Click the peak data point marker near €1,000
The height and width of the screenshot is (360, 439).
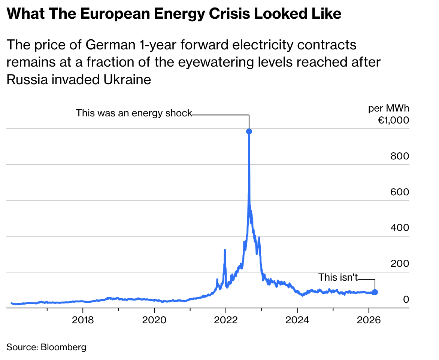(249, 131)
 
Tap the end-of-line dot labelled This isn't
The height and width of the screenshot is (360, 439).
(375, 292)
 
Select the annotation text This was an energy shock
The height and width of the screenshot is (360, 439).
(134, 113)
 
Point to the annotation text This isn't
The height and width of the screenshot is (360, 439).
(338, 277)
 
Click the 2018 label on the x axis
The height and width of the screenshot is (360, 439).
(83, 321)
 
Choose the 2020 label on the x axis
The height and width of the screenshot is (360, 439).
(154, 321)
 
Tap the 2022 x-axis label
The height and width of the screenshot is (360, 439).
(225, 321)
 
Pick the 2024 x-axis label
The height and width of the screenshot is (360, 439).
(297, 321)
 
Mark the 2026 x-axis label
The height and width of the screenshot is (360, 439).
(369, 321)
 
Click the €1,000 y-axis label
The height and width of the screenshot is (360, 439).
(393, 120)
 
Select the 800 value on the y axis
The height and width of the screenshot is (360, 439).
(400, 156)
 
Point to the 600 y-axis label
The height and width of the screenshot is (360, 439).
(400, 192)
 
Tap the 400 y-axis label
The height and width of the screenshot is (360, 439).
(400, 228)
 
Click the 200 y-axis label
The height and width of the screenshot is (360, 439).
(400, 264)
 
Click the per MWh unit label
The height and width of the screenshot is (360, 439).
(388, 109)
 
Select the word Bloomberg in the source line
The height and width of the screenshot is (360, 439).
(63, 347)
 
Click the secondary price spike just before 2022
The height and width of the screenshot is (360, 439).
(225, 250)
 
